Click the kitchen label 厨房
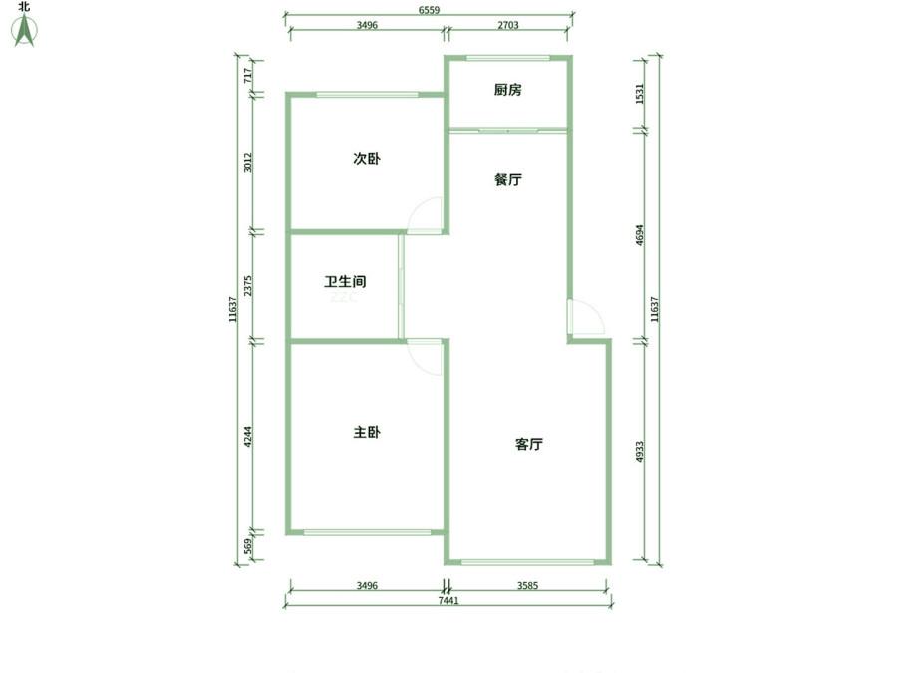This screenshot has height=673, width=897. [x=507, y=90]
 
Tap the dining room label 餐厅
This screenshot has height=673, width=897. [x=507, y=179]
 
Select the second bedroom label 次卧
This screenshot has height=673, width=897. [x=367, y=158]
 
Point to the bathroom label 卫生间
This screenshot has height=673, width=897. [x=345, y=281]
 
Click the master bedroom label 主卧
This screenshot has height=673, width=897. [x=367, y=432]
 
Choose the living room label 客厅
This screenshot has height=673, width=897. [x=529, y=444]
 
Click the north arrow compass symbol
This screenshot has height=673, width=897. [x=24, y=30]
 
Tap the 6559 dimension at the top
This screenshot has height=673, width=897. [x=429, y=10]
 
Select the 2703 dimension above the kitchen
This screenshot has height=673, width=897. [x=508, y=25]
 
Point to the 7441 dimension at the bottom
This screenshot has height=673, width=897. [x=448, y=600]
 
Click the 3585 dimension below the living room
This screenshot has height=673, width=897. [x=527, y=585]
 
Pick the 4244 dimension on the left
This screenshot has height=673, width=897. [x=248, y=437]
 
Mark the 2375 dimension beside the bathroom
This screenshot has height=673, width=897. [x=248, y=286]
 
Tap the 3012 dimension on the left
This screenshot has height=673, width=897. [x=248, y=163]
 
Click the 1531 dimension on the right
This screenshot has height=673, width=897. [x=640, y=94]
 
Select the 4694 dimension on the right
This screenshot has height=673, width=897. [x=640, y=235]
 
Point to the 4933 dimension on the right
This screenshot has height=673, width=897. [x=640, y=452]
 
